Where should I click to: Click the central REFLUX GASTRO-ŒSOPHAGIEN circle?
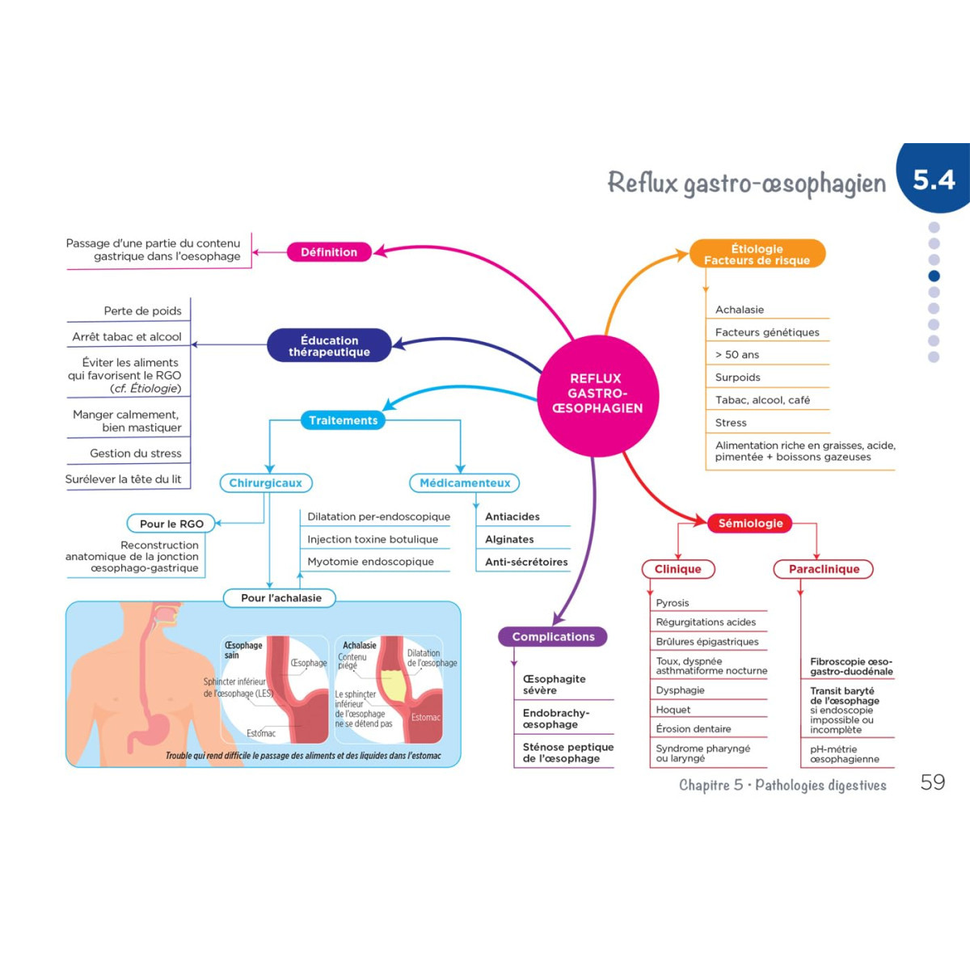(597, 394)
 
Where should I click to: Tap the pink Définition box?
(329, 252)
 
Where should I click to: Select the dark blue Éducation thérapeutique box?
(329, 346)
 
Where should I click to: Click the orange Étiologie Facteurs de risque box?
(757, 254)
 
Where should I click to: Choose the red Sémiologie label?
(750, 523)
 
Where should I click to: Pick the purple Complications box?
(553, 637)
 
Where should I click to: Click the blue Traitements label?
(343, 420)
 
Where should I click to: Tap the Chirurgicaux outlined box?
(265, 483)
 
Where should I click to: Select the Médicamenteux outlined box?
(465, 483)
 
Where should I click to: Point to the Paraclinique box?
(824, 569)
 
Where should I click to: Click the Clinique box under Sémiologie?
(677, 569)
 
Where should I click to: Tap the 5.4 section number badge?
(934, 179)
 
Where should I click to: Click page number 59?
(932, 782)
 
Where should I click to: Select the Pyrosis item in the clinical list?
(673, 603)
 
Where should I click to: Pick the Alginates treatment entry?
(509, 539)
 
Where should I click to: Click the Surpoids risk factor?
(738, 377)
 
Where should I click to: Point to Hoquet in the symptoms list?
(673, 710)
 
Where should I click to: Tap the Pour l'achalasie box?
(280, 598)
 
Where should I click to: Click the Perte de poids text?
(142, 311)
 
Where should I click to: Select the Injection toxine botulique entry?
(373, 539)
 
